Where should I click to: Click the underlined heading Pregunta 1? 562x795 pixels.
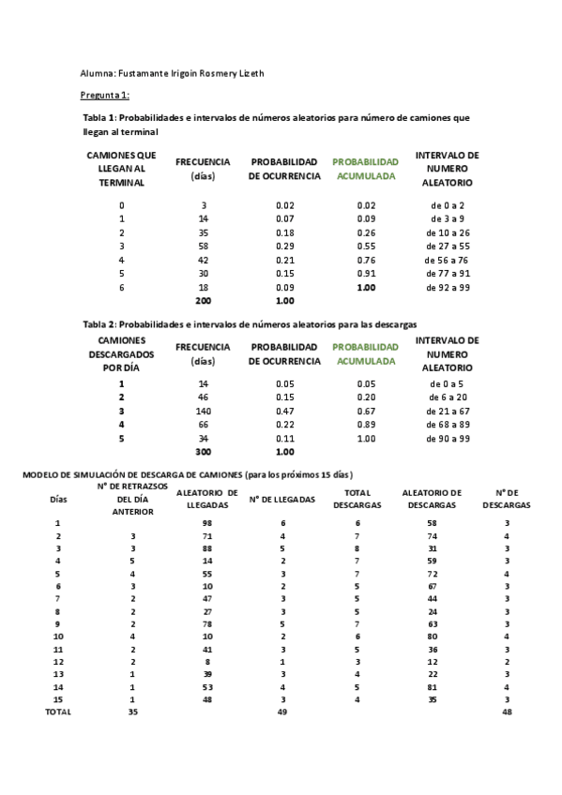point(104,96)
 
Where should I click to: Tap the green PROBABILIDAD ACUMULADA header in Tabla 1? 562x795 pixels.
point(365,169)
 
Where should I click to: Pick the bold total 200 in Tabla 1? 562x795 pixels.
point(203,301)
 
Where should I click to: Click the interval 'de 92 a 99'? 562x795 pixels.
point(448,287)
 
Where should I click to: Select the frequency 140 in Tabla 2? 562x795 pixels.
point(203,411)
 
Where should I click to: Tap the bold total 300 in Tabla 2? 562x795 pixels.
point(203,451)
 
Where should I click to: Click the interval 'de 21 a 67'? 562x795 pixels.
point(448,411)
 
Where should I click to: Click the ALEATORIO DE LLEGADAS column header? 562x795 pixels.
point(199,499)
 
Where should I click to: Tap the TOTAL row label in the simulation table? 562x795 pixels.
point(59,712)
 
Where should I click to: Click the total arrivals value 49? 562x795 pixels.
point(282,712)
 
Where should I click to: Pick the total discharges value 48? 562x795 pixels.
point(507,712)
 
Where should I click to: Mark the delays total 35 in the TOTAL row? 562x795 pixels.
point(132,712)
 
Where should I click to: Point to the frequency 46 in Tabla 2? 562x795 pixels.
point(203,397)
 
